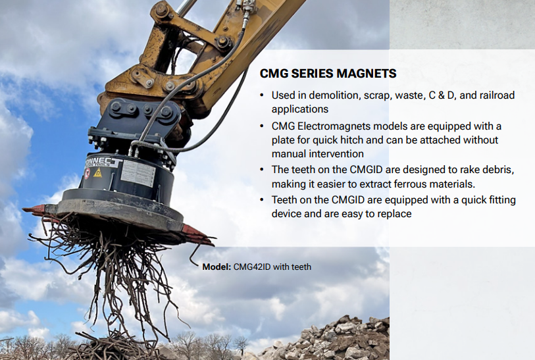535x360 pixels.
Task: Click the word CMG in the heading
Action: pos(273,72)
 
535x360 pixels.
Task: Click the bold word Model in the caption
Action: pos(217,267)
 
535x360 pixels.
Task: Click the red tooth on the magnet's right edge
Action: pos(197,232)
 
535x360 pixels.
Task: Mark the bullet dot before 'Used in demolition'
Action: pos(263,95)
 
